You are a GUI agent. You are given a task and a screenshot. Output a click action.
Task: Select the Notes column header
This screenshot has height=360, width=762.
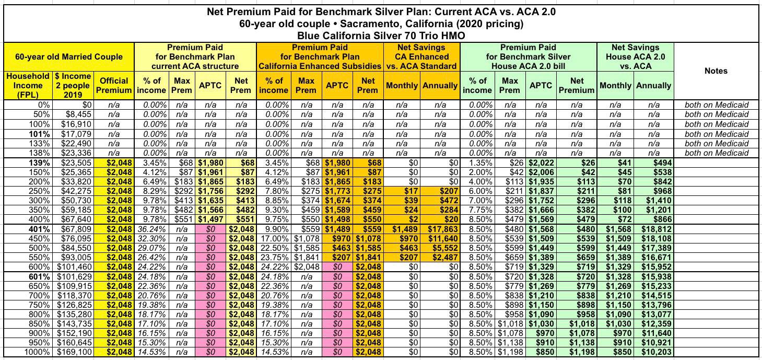716,71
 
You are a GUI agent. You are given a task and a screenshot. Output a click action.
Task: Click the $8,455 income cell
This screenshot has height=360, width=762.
76,114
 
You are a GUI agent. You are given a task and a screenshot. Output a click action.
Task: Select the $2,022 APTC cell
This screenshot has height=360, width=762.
541,162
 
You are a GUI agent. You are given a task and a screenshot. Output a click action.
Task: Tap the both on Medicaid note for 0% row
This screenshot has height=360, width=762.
717,105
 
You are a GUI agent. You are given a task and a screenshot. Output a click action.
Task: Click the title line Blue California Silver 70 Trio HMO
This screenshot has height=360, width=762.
381,36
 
